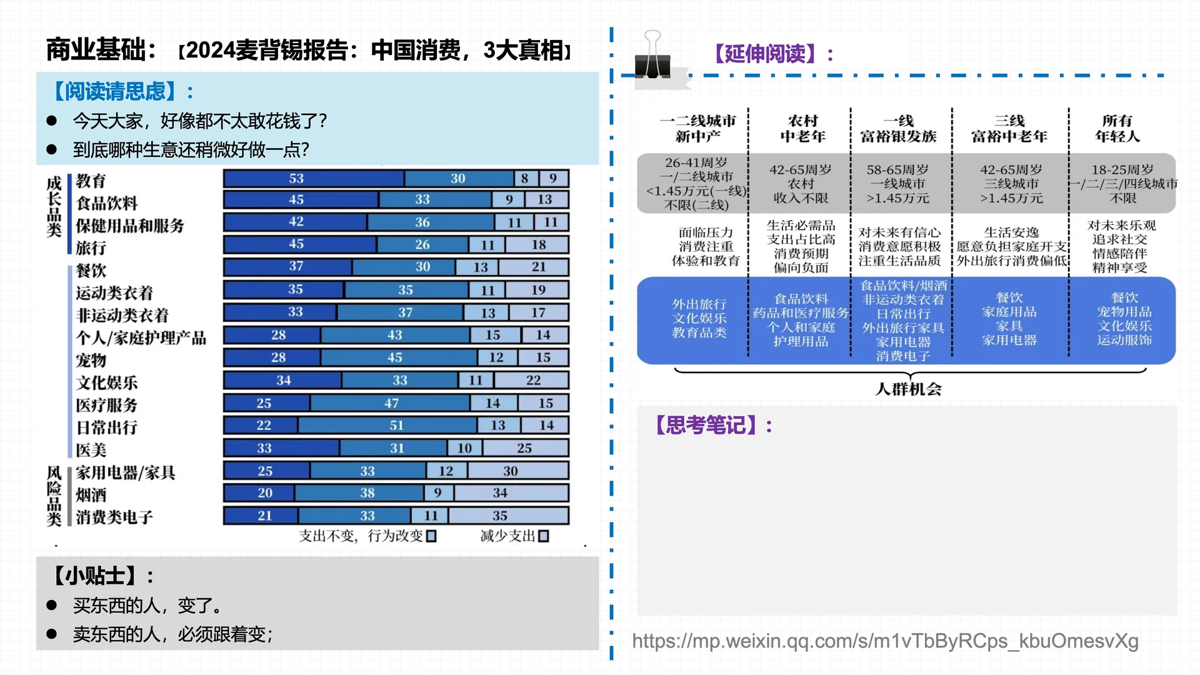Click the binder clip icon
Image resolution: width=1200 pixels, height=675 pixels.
click(652, 56)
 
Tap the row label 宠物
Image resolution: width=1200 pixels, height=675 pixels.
click(91, 361)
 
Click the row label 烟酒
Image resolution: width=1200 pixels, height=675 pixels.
click(91, 495)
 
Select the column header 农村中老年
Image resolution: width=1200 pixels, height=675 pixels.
click(802, 129)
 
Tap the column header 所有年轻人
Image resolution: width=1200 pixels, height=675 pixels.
click(1117, 129)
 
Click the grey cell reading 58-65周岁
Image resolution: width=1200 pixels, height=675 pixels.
click(897, 184)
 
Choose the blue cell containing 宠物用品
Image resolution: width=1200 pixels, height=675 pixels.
click(1124, 319)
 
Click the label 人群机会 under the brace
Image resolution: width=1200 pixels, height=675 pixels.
click(908, 389)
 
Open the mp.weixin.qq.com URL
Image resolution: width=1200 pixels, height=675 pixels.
click(885, 641)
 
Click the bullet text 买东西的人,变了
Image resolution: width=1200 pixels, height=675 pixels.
click(147, 606)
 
